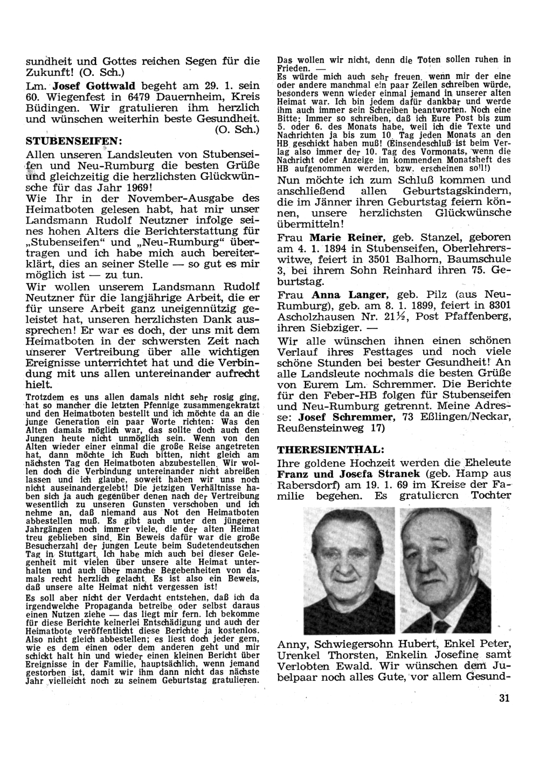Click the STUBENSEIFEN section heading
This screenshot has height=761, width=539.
(x=74, y=142)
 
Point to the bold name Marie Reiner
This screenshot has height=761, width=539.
(x=346, y=238)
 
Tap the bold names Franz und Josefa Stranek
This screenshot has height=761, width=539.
(x=348, y=474)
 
